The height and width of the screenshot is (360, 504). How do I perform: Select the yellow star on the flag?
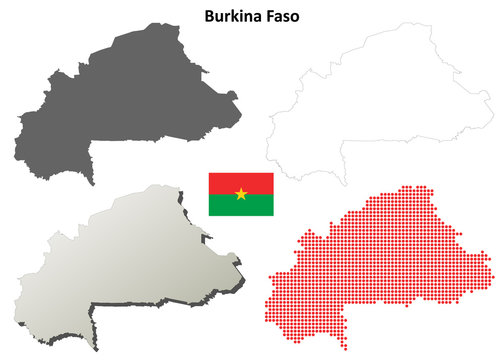point(241,194)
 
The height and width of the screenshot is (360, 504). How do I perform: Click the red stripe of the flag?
point(241,181)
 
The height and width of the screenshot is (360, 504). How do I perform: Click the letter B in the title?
point(210,17)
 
